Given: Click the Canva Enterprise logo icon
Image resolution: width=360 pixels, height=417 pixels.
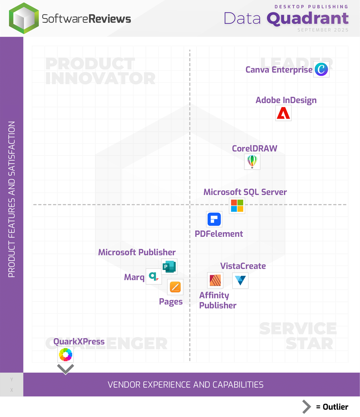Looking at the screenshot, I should click(x=321, y=70).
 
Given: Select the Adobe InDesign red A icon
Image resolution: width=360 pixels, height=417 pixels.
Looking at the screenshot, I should click(x=283, y=113).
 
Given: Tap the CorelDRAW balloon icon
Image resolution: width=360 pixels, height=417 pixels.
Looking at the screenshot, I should click(x=252, y=162).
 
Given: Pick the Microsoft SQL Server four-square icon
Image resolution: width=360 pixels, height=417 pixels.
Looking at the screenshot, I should click(x=237, y=205).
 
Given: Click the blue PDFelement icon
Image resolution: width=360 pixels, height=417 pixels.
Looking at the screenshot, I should click(x=214, y=219).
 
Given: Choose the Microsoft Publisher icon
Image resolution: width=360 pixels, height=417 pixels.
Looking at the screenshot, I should click(x=169, y=267).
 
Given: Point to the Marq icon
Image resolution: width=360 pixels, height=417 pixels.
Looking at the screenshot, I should click(x=153, y=276).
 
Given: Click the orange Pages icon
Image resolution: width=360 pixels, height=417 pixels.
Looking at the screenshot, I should click(x=175, y=287).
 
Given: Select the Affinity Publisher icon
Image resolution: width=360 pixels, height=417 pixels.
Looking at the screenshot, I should click(x=215, y=280).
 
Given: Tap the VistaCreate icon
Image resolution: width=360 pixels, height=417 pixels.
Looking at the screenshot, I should click(x=240, y=280).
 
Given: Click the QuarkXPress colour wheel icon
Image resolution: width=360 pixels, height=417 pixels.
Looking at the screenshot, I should click(x=66, y=354).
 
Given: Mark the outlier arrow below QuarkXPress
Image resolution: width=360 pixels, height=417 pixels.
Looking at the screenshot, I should click(x=66, y=369).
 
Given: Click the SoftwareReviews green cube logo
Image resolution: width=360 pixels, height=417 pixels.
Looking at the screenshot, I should click(x=24, y=18).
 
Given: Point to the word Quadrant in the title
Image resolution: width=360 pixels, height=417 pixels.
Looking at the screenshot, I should click(x=308, y=18).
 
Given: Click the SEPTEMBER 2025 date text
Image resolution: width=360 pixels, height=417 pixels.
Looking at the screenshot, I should click(x=323, y=30).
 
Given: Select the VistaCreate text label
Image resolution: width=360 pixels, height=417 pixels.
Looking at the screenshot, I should click(x=243, y=266).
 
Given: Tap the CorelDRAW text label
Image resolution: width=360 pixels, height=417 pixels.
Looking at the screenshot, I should click(x=254, y=149).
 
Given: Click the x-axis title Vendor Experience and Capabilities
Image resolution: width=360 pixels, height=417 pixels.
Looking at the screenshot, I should click(x=185, y=385).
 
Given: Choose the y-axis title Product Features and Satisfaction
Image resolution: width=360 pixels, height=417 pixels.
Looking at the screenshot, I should click(x=12, y=199).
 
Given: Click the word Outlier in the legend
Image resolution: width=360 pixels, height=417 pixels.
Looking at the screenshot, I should click(x=335, y=407).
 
